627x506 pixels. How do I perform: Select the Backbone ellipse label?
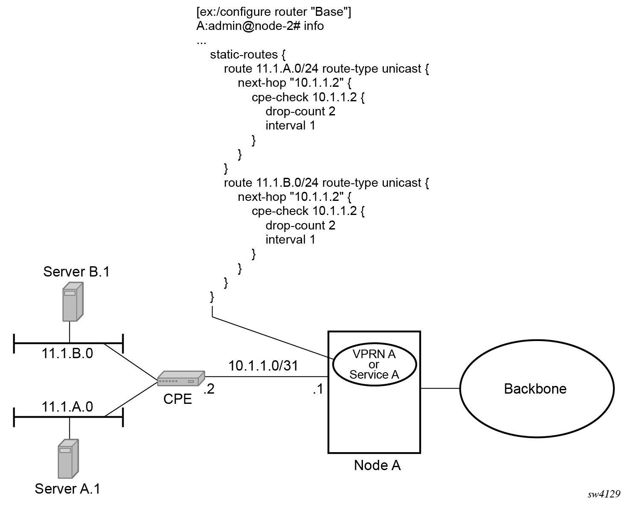coord(535,388)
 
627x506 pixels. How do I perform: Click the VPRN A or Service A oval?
coord(374,365)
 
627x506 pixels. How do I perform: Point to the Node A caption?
coord(377,465)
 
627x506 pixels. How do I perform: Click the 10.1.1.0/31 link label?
coord(263,366)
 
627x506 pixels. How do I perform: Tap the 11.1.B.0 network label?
coord(67,353)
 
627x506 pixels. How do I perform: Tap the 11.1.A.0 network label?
coord(67,406)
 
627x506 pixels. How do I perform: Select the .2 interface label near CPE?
coord(209,389)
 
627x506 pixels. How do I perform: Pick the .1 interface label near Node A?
coord(318,389)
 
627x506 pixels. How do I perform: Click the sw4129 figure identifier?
coord(603,494)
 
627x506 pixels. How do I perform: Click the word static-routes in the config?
coord(244,55)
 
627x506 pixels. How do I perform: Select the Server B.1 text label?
coord(76,272)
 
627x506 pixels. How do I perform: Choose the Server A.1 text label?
coord(67,488)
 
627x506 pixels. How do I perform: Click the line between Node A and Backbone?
coord(440,388)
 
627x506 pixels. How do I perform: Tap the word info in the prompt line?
coord(314,26)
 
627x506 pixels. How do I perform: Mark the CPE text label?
coord(177,399)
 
